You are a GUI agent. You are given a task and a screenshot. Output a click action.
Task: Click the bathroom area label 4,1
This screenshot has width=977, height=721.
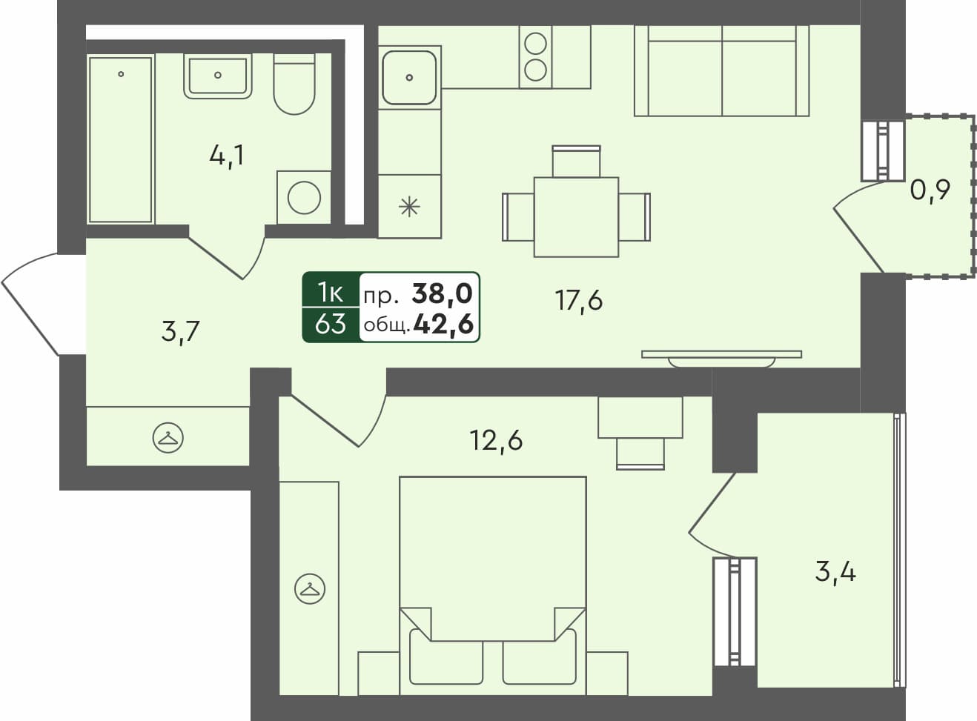click(x=227, y=156)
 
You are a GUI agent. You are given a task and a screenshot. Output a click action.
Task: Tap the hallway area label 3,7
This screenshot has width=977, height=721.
click(x=180, y=331)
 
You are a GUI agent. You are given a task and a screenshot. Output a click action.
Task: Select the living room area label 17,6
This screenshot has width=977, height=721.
click(x=579, y=301)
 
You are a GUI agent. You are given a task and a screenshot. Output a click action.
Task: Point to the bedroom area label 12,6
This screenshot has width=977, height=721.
click(x=496, y=440)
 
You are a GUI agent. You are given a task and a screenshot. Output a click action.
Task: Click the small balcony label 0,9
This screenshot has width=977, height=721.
click(x=930, y=190)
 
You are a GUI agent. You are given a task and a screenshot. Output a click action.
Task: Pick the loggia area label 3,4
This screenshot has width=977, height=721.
click(x=835, y=572)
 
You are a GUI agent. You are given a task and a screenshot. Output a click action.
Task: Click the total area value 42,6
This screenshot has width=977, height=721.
click(x=443, y=325)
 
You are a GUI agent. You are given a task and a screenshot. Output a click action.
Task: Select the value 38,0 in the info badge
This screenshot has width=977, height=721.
click(x=442, y=294)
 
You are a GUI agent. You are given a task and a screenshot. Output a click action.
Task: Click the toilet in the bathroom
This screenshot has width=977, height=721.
click(x=294, y=85)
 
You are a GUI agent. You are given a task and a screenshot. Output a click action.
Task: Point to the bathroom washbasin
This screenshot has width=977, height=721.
click(x=217, y=76)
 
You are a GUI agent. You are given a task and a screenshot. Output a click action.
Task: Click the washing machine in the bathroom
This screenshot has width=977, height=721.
click(x=304, y=197)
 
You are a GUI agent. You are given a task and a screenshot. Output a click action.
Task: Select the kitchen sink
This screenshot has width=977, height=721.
click(x=409, y=76)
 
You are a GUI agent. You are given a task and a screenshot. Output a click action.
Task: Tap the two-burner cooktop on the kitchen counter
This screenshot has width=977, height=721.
click(x=535, y=57)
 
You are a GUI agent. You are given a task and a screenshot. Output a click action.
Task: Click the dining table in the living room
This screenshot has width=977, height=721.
click(x=576, y=216)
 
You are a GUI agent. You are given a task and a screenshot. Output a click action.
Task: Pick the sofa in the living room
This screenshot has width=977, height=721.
click(x=721, y=71)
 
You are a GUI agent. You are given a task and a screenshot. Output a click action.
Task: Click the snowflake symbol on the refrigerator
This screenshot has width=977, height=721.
click(x=409, y=207)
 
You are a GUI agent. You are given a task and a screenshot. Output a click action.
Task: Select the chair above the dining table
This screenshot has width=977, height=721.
click(x=576, y=161)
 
